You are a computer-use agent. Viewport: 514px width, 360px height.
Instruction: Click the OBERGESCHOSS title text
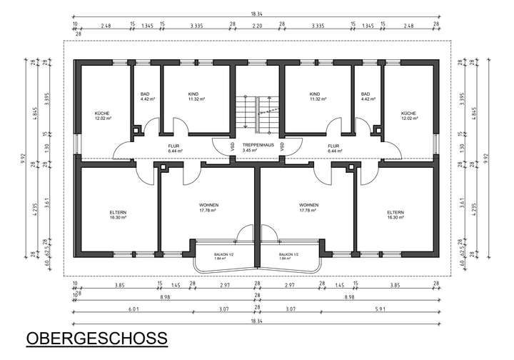tap(96, 338)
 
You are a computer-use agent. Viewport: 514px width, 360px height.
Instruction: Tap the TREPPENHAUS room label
tap(257, 145)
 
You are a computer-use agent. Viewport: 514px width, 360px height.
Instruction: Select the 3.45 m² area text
tap(249, 151)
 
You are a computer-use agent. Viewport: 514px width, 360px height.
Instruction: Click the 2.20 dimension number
tap(257, 26)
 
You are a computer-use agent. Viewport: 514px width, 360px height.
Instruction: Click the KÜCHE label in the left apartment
tap(102, 114)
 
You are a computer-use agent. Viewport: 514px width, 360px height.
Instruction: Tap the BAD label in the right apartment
tap(366, 94)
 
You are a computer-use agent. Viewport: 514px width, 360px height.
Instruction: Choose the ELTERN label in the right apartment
tap(395, 212)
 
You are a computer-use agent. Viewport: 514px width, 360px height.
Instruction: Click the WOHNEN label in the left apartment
tap(208, 205)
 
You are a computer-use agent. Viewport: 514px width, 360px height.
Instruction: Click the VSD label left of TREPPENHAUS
tap(232, 146)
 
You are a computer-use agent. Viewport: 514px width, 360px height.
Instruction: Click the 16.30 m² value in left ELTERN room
tap(118, 218)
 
